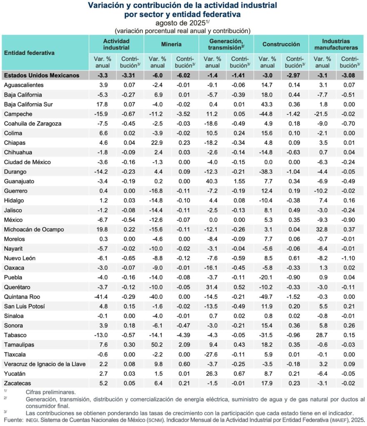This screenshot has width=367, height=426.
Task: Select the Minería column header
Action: point(171,44)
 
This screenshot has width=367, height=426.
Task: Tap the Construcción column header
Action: point(281,44)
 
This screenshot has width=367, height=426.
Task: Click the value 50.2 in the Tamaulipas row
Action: point(158,344)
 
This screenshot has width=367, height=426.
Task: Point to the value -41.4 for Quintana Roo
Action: point(102,297)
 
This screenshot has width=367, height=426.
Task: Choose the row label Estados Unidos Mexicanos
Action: point(41,75)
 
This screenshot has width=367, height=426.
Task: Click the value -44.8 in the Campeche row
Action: point(267,114)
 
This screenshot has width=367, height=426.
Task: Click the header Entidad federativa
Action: point(29,53)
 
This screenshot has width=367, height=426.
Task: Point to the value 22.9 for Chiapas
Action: point(158,143)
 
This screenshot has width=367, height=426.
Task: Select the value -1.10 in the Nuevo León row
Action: point(349,258)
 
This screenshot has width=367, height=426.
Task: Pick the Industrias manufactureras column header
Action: point(336,44)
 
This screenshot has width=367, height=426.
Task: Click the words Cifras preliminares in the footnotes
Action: point(51,392)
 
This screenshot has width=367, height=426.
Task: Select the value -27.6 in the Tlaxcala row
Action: point(212,354)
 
